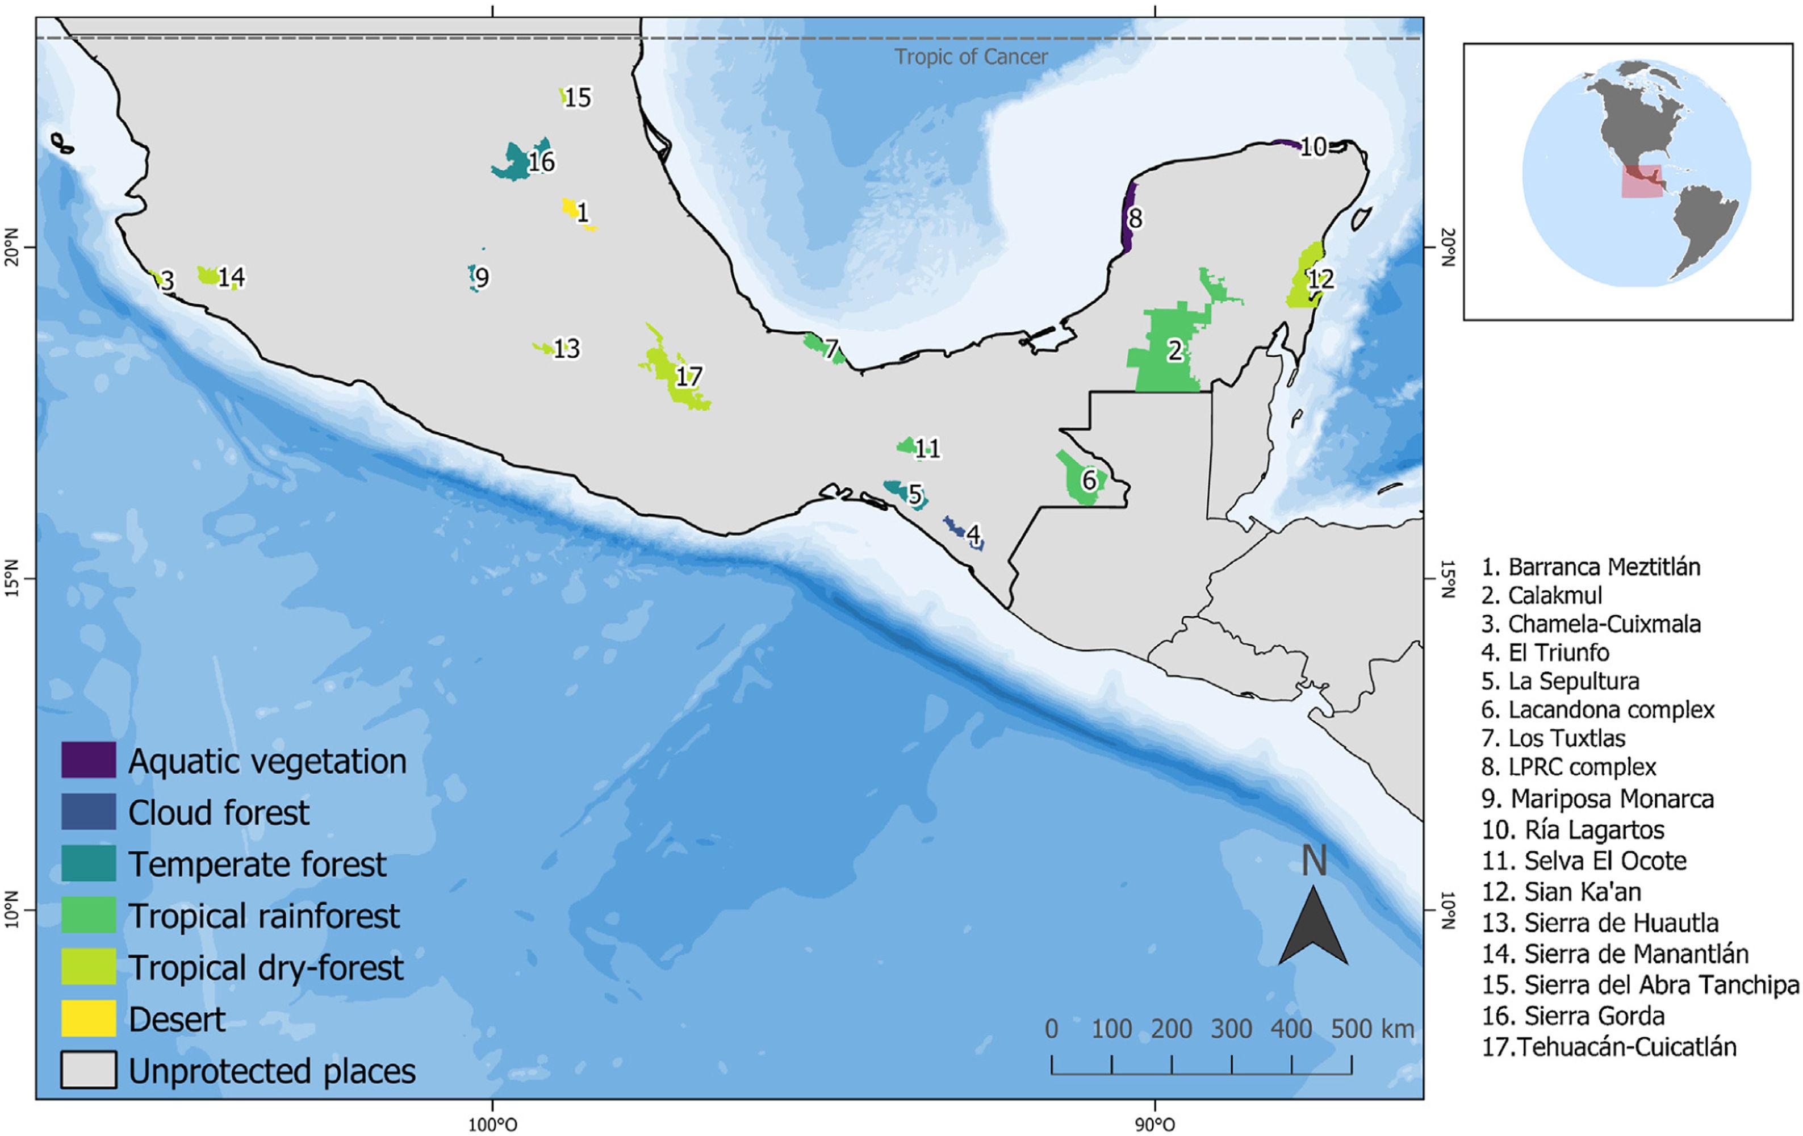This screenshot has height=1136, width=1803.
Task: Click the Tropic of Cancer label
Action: tap(971, 57)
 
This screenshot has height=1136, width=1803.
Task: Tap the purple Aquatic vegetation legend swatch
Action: tap(89, 760)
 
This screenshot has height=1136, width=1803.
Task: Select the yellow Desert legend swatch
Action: tap(89, 1018)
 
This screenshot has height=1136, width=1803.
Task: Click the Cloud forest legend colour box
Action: tap(89, 812)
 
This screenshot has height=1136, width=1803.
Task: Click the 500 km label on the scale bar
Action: tap(1372, 1029)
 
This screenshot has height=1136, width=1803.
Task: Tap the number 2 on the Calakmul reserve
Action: tap(1175, 350)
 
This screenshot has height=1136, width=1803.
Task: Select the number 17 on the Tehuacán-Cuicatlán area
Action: tap(688, 376)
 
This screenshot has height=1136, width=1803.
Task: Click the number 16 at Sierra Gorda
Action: tap(541, 162)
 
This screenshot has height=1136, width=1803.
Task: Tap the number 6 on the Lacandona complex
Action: tap(1089, 479)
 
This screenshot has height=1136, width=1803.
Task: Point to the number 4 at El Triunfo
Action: tap(973, 534)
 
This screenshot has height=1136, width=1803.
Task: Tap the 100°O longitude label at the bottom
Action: tap(492, 1125)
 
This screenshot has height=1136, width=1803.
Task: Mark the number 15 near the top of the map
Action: tap(578, 97)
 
